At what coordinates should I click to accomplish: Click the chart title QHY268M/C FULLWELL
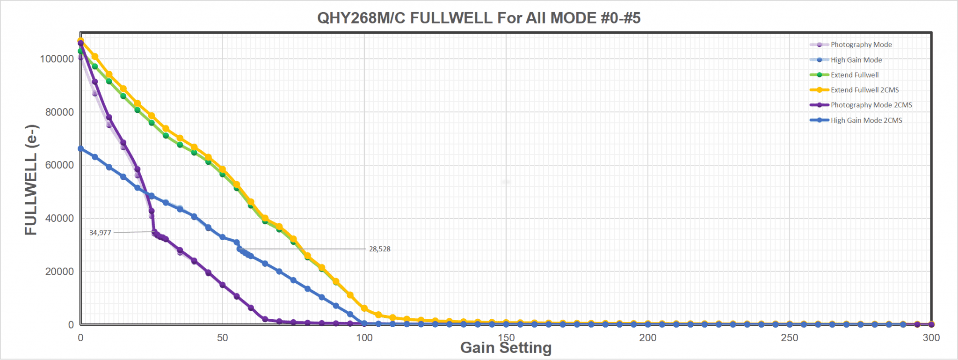click(x=479, y=18)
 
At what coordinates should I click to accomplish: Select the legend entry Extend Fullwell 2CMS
click(x=864, y=90)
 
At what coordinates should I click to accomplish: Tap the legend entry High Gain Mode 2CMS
click(x=866, y=120)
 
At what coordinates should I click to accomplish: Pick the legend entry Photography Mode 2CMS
click(x=871, y=105)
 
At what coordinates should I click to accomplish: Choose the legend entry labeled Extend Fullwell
click(x=854, y=75)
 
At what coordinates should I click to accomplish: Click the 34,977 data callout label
click(x=100, y=233)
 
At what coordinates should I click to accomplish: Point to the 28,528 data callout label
click(x=379, y=249)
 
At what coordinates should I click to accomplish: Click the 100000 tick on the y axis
click(x=57, y=59)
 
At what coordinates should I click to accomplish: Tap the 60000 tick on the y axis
click(x=59, y=165)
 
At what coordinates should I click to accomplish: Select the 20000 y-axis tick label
click(x=59, y=272)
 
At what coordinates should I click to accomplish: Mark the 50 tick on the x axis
click(x=222, y=338)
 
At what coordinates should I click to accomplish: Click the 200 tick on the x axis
click(x=647, y=338)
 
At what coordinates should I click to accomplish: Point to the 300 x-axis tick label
click(x=931, y=338)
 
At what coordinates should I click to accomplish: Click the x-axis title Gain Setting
click(x=506, y=348)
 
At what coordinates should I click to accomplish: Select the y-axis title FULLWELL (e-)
click(x=31, y=180)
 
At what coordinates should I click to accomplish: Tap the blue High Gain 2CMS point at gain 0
click(x=80, y=149)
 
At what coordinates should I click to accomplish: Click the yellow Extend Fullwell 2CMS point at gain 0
click(x=80, y=41)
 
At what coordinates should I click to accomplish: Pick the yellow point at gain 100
click(x=364, y=309)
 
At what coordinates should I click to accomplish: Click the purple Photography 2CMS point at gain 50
click(x=223, y=285)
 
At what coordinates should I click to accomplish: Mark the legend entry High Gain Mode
click(x=856, y=60)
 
